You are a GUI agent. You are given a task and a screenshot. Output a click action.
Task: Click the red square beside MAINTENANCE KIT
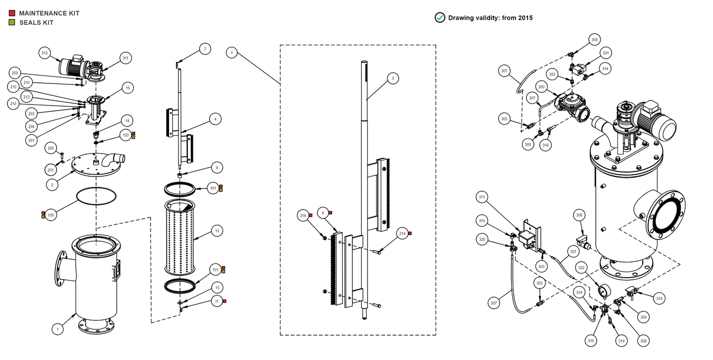click(12, 13)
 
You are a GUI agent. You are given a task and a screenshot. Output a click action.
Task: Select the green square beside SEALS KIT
click(12, 22)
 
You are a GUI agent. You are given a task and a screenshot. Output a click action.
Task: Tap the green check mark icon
click(439, 17)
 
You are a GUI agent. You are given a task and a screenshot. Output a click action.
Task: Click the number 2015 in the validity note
click(525, 18)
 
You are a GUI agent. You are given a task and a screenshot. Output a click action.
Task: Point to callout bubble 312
click(44, 53)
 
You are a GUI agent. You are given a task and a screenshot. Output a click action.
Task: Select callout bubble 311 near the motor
click(125, 58)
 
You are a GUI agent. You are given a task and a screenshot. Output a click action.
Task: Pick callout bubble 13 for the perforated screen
click(216, 231)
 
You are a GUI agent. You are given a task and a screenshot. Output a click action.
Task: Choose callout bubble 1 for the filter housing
click(58, 329)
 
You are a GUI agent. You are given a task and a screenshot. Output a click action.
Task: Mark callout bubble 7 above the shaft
click(205, 49)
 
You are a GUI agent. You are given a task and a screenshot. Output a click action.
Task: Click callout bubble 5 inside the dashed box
click(392, 78)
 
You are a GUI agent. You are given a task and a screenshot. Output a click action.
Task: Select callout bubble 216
click(303, 216)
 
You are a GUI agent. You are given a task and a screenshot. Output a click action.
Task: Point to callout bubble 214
click(402, 234)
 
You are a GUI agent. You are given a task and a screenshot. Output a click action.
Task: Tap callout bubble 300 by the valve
click(541, 87)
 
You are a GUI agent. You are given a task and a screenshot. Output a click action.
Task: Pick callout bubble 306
click(579, 215)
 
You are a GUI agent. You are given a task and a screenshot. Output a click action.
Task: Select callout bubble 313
click(481, 197)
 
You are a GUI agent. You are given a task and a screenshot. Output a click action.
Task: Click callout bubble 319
click(659, 298)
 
